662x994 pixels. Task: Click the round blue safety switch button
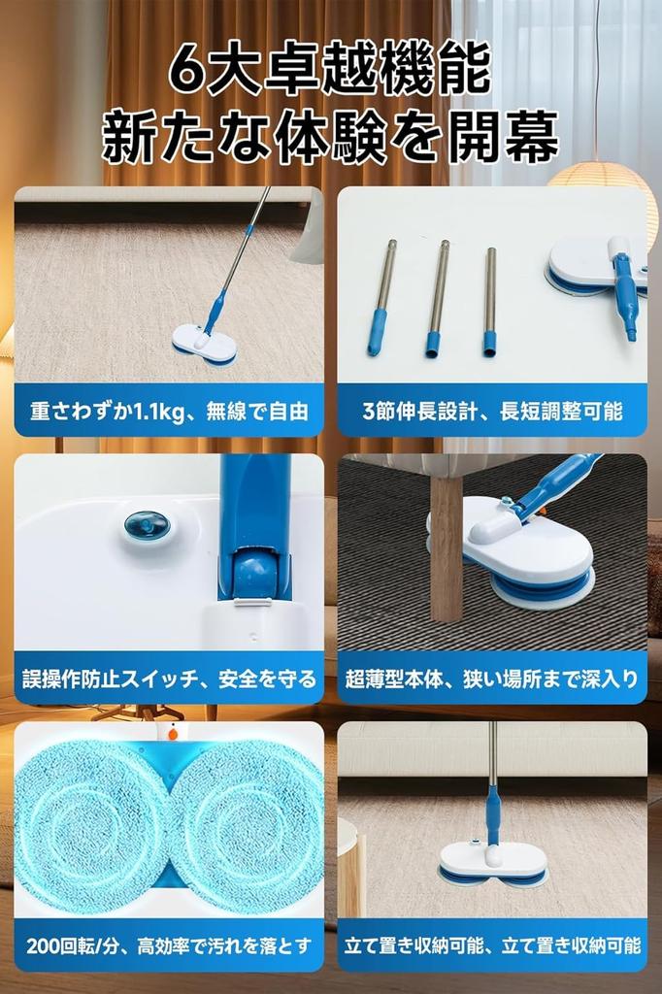click(x=147, y=526)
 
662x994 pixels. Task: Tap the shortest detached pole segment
click(x=490, y=302)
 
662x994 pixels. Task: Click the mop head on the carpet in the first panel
click(x=204, y=344)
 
